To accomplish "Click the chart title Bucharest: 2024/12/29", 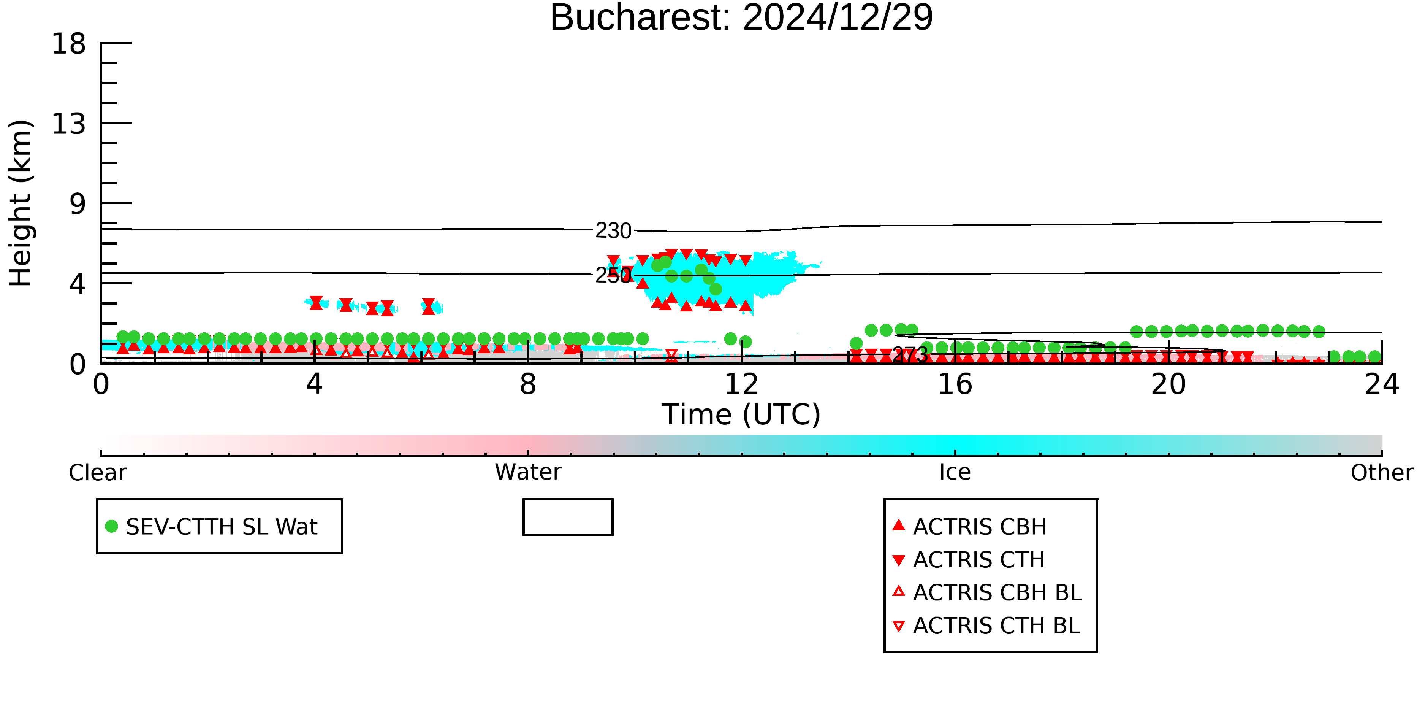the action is [741, 18].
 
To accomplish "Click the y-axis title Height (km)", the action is [21, 203].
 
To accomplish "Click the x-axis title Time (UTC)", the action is [741, 414].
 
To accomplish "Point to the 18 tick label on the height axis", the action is [69, 44].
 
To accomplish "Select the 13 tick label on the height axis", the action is [69, 124].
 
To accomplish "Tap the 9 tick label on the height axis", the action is [78, 204].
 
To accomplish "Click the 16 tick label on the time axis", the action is [955, 384].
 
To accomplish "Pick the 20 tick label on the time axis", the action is [1169, 384].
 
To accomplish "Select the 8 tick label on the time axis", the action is [528, 384].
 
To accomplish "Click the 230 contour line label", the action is [613, 231].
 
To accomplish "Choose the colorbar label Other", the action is [1382, 473].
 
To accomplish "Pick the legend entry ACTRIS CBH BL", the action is [987, 593].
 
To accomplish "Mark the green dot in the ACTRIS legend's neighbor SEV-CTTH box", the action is [112, 526].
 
